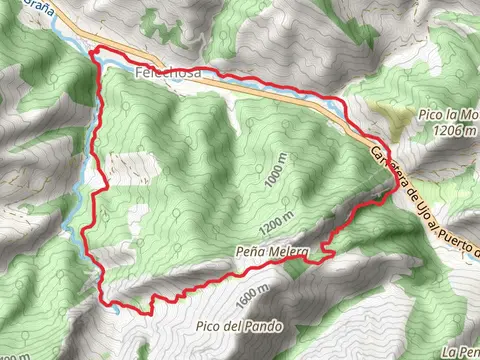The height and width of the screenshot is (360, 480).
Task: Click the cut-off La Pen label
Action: [x=462, y=352]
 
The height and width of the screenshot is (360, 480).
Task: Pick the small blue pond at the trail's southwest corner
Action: [x=116, y=308]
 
